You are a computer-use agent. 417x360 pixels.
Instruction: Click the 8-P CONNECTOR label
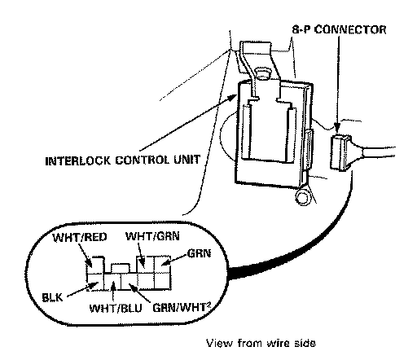click(x=339, y=29)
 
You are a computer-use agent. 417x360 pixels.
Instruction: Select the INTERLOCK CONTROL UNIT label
click(x=123, y=160)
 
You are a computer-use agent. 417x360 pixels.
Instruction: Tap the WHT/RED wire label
click(x=80, y=237)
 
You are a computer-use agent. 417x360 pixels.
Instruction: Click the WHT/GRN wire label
click(x=152, y=236)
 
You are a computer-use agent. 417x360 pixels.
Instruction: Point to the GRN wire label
click(x=199, y=253)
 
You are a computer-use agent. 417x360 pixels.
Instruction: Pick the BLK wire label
click(x=52, y=297)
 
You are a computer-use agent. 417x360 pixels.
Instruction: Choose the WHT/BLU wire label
click(x=116, y=308)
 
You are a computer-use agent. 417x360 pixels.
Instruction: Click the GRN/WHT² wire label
click(x=182, y=308)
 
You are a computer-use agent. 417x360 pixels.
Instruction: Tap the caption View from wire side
click(x=261, y=343)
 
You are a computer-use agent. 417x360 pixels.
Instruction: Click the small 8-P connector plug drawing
click(x=340, y=152)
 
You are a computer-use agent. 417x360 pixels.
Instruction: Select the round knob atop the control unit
click(x=262, y=72)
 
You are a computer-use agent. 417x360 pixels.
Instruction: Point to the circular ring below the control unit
click(x=302, y=197)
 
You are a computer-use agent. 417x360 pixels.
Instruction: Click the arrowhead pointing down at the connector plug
click(x=337, y=128)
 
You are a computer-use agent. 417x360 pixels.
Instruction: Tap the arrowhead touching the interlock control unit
click(x=233, y=98)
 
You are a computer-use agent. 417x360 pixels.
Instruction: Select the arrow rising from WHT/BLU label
click(x=114, y=292)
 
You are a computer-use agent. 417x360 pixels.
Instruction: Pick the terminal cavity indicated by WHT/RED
click(x=94, y=265)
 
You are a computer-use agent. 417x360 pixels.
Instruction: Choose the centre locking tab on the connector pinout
click(x=121, y=268)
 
